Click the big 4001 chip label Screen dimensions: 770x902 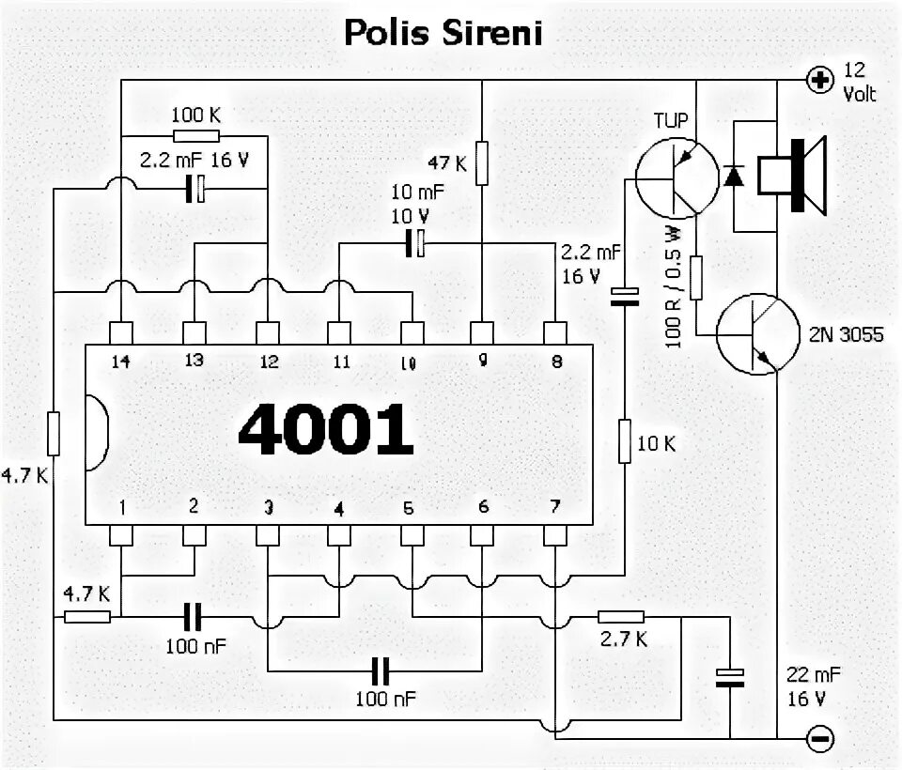click(x=325, y=430)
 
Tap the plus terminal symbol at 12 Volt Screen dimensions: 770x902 click(x=820, y=80)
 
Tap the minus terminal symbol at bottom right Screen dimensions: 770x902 click(x=820, y=738)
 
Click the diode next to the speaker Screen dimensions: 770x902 click(x=734, y=176)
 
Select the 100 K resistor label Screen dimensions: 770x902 click(x=196, y=115)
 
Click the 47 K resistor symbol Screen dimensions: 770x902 click(x=482, y=162)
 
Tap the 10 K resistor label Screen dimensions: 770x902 click(x=657, y=443)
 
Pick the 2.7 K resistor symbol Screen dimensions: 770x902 click(x=621, y=616)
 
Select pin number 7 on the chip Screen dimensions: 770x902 click(x=555, y=507)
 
